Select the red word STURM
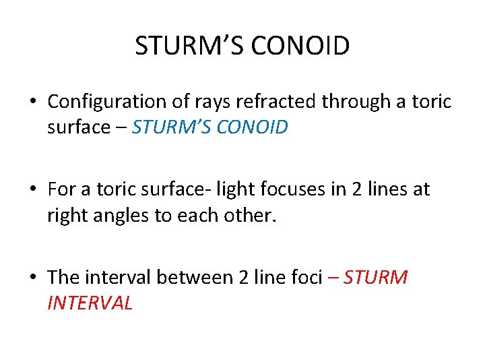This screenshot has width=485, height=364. pos(375,277)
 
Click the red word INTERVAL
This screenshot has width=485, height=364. pos(90,303)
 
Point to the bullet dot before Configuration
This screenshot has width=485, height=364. pos(32,102)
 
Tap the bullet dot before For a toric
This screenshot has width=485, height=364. pos(32,190)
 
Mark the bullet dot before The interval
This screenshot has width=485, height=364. pos(32,278)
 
